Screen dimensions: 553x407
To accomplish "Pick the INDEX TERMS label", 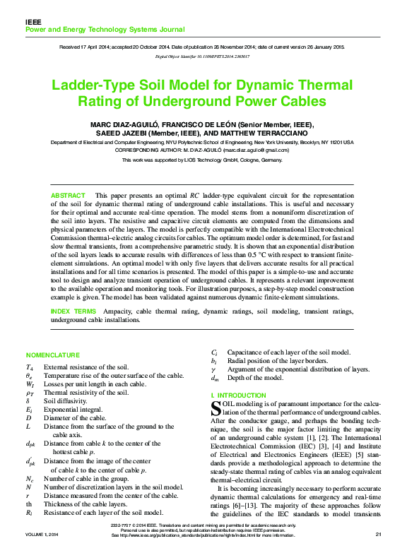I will click(72, 311).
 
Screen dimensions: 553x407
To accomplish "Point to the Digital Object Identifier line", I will click(203, 56).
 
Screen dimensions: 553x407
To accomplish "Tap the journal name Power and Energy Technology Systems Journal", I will click(105, 30).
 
